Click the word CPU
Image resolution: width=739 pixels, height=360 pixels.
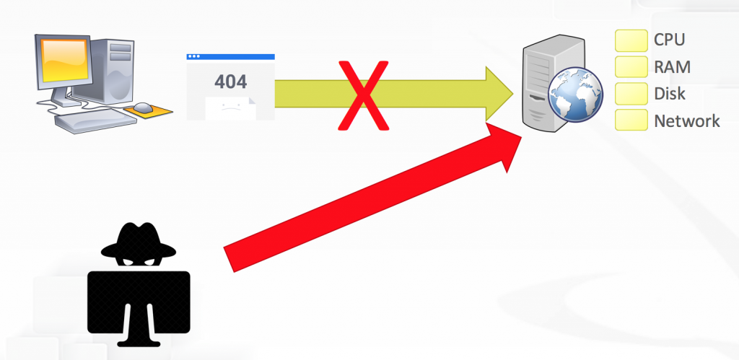click(668, 40)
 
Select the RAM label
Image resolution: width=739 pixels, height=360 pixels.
click(671, 67)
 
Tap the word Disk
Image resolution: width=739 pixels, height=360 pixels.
click(669, 94)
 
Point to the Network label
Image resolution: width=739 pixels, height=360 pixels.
click(686, 120)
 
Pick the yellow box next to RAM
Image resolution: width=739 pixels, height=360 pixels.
click(631, 67)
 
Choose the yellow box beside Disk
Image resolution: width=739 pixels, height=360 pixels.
click(631, 94)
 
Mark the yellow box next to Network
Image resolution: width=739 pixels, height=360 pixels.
click(631, 120)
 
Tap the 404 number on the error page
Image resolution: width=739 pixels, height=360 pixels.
click(230, 80)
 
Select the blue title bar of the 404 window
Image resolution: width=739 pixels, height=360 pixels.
click(230, 56)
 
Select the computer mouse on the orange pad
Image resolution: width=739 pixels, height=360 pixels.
click(143, 107)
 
